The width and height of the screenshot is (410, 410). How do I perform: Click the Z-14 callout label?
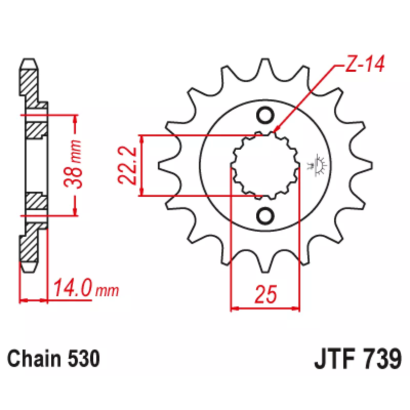click(x=365, y=64)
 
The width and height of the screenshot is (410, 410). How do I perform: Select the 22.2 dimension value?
click(x=127, y=165)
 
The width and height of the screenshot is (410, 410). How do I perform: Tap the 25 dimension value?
click(x=265, y=294)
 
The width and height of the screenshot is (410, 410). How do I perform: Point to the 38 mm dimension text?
click(x=73, y=164)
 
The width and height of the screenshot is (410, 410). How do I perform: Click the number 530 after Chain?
click(x=84, y=358)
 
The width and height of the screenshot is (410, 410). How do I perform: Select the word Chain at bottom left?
click(x=34, y=358)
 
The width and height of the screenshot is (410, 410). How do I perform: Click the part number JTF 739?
click(x=358, y=359)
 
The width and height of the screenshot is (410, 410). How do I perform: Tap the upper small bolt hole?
click(x=265, y=115)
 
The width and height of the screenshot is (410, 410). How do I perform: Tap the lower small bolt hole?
click(x=265, y=216)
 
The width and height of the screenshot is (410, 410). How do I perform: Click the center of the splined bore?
click(x=265, y=166)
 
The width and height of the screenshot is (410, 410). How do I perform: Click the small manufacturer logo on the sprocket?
click(x=317, y=165)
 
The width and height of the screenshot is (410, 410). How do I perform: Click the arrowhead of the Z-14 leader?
click(x=275, y=130)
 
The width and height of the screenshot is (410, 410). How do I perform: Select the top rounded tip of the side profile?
click(x=29, y=64)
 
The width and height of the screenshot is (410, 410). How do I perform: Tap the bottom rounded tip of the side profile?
click(x=29, y=267)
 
